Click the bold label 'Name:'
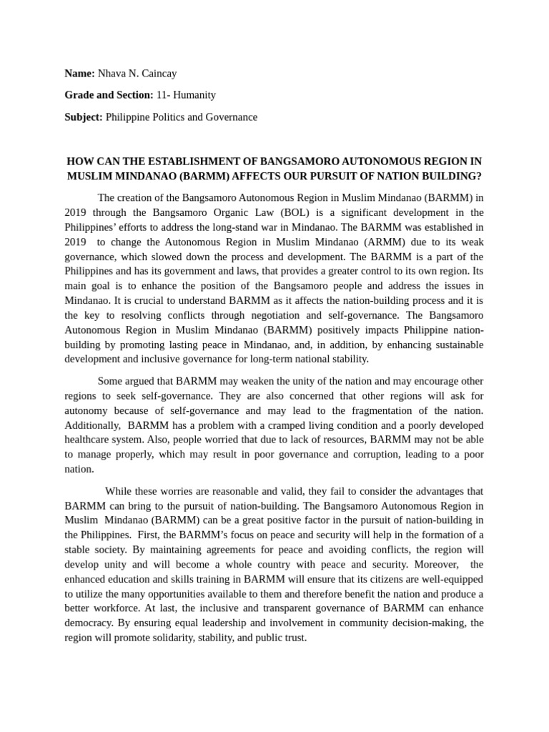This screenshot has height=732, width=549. (79, 73)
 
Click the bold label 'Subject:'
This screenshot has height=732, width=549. (84, 117)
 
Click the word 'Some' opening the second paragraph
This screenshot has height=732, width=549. (110, 381)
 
